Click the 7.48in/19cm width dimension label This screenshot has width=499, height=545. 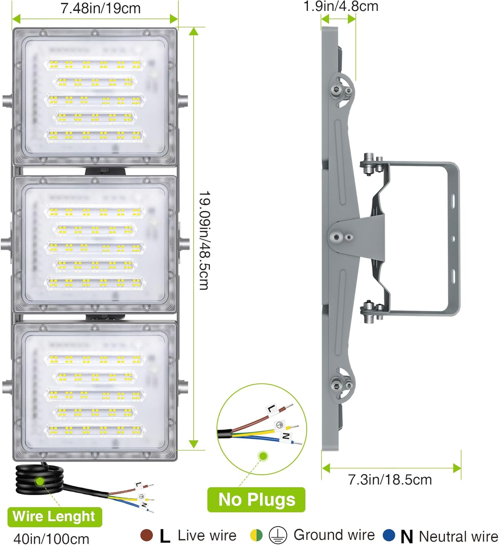coord(101,8)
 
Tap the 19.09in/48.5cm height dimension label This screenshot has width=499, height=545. coord(204,240)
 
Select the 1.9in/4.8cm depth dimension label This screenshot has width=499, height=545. coord(341,6)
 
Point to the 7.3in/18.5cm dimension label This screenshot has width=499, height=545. coord(390,480)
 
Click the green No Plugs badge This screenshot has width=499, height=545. coord(256,500)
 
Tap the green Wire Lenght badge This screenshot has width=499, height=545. coord(54,516)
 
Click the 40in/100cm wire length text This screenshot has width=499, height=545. coord(51,538)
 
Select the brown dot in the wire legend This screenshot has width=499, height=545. coord(146,535)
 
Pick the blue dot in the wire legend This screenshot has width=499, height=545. coord(389,535)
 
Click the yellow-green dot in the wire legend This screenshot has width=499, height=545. coord(256,535)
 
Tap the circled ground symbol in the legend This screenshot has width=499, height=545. coord(278,535)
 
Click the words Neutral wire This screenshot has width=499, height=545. coord(458,536)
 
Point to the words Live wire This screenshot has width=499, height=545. coord(207,535)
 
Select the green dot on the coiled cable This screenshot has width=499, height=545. coord(40,481)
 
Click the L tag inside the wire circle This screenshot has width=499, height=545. coord(271,409)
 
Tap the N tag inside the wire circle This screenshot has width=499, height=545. coord(286,436)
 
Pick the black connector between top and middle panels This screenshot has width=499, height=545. coord(106,171)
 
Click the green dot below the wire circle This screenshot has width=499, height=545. coord(263,456)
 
